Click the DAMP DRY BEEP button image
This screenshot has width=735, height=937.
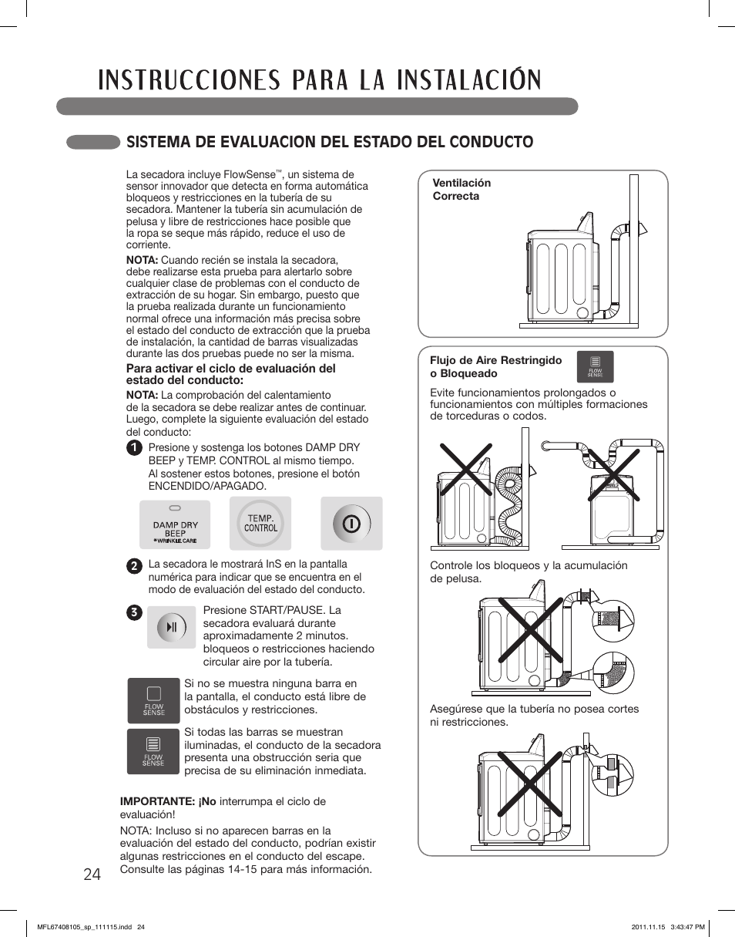pos(175,524)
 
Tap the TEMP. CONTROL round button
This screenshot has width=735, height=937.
pos(260,524)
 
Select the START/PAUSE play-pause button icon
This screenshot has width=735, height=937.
pos(171,626)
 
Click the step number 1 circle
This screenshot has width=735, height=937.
pos(134,448)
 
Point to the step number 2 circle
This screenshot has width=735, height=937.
pos(134,565)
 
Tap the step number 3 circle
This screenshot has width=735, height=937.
pos(134,612)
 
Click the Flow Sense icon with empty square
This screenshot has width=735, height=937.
pos(153,700)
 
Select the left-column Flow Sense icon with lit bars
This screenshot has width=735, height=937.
pos(153,751)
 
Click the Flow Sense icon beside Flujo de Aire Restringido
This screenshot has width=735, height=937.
pos(595,366)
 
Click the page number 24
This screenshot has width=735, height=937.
pos(92,874)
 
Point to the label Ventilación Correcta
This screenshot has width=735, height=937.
pos(461,190)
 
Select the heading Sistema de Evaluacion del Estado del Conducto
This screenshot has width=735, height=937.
pos(330,142)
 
